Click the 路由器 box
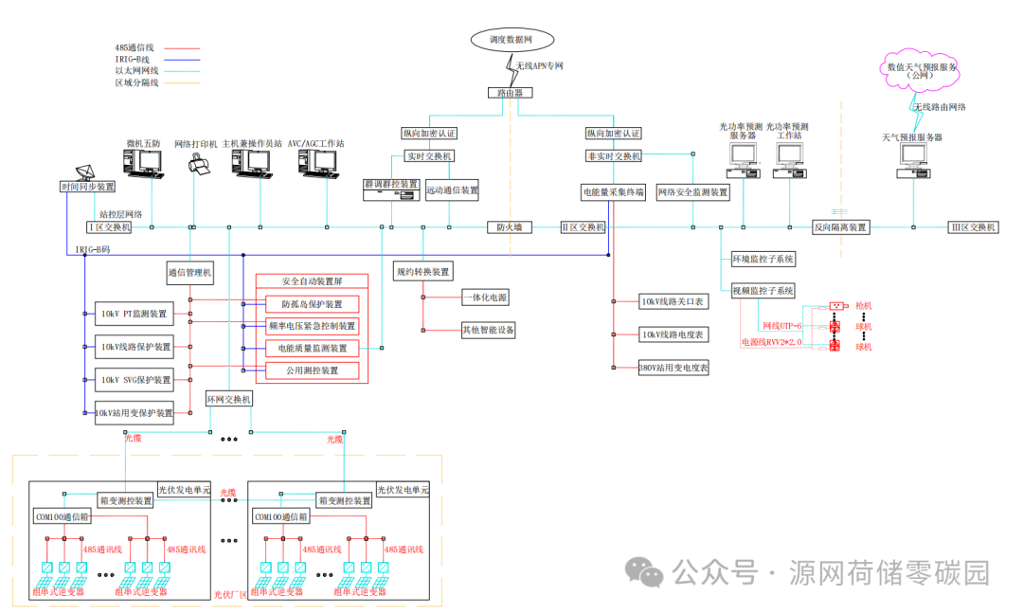[510, 93]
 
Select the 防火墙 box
[510, 227]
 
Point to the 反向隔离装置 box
[841, 227]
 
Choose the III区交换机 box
[974, 227]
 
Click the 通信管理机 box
[190, 273]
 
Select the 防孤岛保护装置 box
[311, 304]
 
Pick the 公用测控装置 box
[311, 370]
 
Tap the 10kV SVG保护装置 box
[136, 380]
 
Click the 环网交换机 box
[229, 399]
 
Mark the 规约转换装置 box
[422, 272]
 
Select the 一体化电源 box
[485, 298]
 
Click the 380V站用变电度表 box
[673, 368]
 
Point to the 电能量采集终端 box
[613, 192]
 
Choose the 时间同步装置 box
[88, 188]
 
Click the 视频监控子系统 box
[763, 291]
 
